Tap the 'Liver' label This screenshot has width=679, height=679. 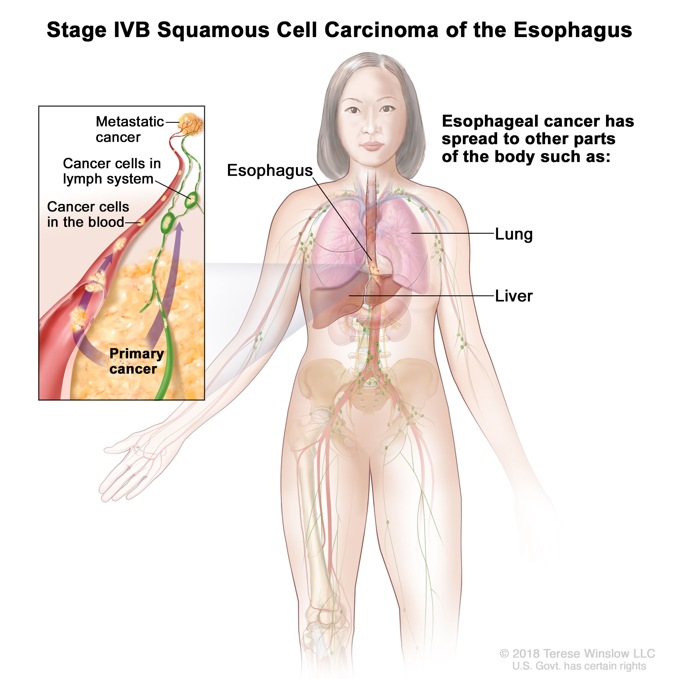(513, 296)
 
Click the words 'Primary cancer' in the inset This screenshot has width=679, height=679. (136, 361)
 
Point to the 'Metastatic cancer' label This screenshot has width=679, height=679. (130, 129)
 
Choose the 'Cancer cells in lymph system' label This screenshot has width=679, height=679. (112, 171)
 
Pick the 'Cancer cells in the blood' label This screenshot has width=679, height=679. (88, 214)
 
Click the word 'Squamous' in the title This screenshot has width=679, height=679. (213, 30)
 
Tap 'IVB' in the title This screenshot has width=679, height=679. (132, 30)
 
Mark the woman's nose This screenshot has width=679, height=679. (370, 125)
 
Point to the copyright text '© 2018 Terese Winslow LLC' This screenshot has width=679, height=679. (577, 653)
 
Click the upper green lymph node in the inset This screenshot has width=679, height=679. (192, 200)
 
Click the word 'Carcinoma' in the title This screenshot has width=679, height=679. (381, 30)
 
